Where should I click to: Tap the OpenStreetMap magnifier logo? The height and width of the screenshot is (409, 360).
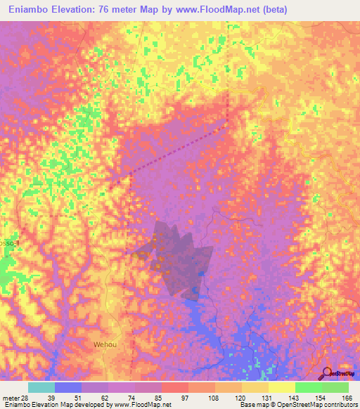[x=326, y=373]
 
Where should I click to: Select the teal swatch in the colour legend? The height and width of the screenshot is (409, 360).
[x=41, y=387]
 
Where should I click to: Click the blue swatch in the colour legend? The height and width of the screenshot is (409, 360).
[x=68, y=387]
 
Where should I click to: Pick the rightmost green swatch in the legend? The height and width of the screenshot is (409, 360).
[x=335, y=387]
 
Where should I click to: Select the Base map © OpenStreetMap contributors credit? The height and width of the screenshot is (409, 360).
[x=296, y=405]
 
